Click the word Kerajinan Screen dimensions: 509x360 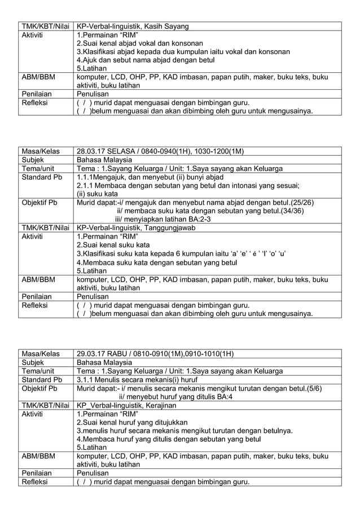click(x=161, y=405)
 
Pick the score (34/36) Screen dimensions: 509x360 click(x=292, y=210)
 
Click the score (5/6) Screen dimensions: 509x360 click(x=315, y=388)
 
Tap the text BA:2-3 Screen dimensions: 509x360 click(x=194, y=219)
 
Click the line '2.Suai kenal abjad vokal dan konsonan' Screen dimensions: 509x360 click(x=144, y=43)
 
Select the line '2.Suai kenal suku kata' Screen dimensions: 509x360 click(x=113, y=245)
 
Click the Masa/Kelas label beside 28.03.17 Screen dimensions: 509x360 click(x=40, y=151)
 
